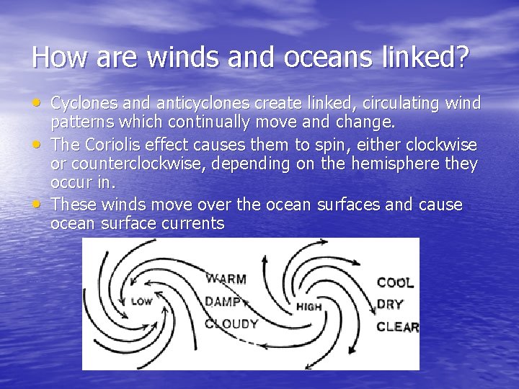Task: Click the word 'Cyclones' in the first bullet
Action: (x=82, y=104)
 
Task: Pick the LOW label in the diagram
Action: (x=141, y=302)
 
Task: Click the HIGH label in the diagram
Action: (x=309, y=306)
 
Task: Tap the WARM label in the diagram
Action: (x=226, y=279)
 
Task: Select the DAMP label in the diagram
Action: (x=223, y=301)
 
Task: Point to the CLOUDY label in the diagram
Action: (x=231, y=323)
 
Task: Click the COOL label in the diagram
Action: (x=395, y=282)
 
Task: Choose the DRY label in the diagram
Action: (x=390, y=304)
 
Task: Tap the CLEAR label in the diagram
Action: (x=397, y=327)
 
